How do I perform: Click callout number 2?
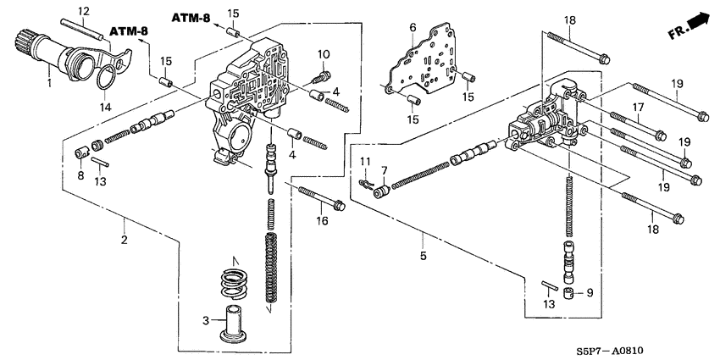(x=124, y=241)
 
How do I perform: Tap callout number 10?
(x=323, y=55)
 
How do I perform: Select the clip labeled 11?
(x=366, y=181)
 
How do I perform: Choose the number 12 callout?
(x=83, y=10)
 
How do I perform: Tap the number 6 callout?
(x=413, y=27)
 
